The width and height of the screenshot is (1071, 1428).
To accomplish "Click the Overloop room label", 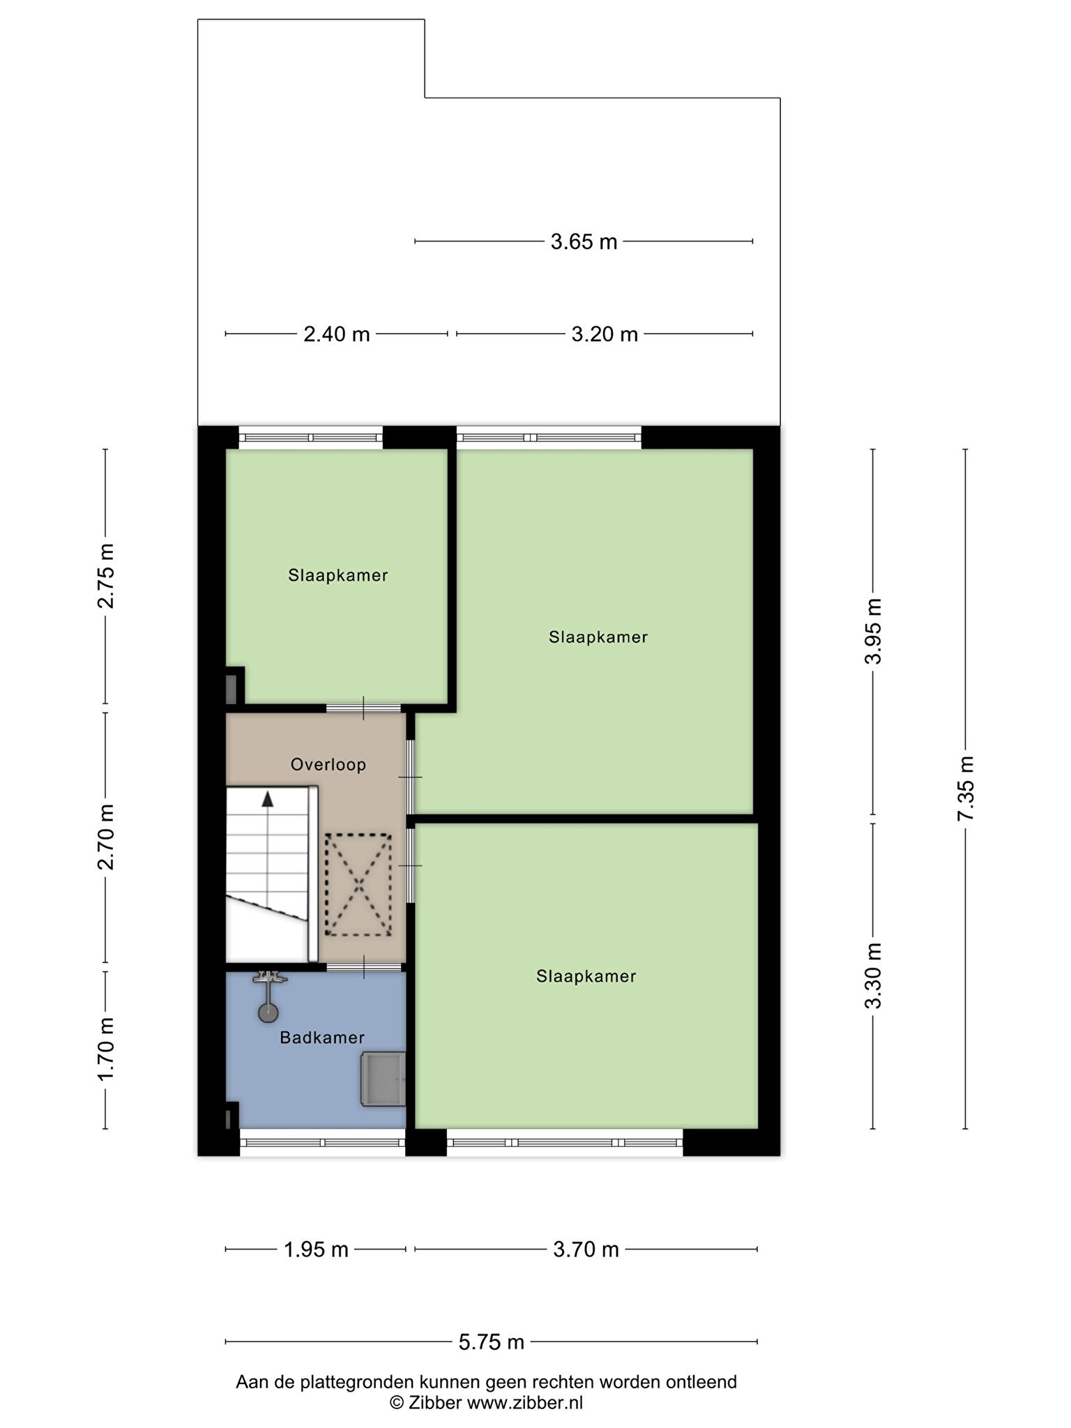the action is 328,765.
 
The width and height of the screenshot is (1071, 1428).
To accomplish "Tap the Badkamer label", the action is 322,1038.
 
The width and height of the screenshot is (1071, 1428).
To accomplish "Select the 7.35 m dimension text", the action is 966,789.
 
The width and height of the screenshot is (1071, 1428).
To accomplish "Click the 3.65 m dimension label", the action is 584,242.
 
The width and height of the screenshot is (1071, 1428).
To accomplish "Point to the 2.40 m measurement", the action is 337,335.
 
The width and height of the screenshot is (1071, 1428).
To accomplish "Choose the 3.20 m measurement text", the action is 605,335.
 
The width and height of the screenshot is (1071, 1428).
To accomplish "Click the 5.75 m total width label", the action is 492,1342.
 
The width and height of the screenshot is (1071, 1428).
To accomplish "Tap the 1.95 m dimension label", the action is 316,1249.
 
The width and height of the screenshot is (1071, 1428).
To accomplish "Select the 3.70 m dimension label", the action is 586,1249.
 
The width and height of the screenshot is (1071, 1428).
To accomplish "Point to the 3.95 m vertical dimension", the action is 874,632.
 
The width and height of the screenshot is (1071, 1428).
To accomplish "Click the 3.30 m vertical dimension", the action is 874,975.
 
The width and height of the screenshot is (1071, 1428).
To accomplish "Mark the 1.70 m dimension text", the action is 105,1049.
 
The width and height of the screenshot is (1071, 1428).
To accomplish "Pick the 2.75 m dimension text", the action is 105,576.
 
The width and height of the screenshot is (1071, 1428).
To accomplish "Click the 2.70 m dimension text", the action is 105,837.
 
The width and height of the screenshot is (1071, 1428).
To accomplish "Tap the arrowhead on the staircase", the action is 268,799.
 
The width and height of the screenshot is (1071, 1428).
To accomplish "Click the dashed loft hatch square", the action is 358,885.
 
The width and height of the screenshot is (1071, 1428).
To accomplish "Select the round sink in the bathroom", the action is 268,1012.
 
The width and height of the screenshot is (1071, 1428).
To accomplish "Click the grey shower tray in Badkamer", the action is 383,1079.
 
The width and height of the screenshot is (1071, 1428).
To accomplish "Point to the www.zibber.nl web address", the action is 524,1403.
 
